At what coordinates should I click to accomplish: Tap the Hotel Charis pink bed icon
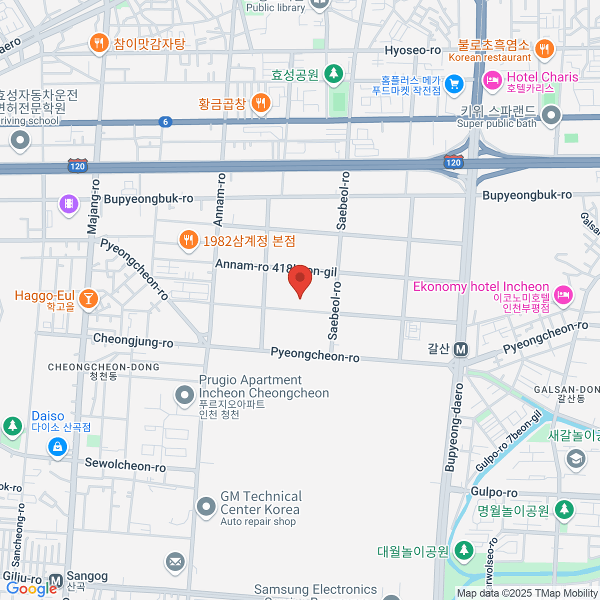click(x=492, y=80)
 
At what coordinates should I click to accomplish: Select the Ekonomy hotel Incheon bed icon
click(x=563, y=294)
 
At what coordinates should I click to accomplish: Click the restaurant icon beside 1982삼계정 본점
click(x=188, y=240)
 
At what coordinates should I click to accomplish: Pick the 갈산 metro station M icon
click(x=461, y=349)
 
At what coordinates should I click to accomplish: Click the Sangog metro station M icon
click(x=56, y=581)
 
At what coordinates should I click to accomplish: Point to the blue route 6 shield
click(x=165, y=121)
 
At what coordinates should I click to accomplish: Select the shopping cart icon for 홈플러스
click(x=454, y=83)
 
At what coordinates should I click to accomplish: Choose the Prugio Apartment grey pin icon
click(x=184, y=395)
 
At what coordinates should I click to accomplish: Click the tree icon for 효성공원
click(x=333, y=74)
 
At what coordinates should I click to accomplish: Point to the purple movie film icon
click(x=69, y=203)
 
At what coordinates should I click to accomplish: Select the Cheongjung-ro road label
click(x=133, y=340)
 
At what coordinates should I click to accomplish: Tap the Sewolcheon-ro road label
click(x=125, y=464)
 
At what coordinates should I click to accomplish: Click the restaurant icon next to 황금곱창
click(x=260, y=103)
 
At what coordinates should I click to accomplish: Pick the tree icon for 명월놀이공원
click(x=564, y=509)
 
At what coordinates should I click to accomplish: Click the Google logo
click(x=31, y=589)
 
